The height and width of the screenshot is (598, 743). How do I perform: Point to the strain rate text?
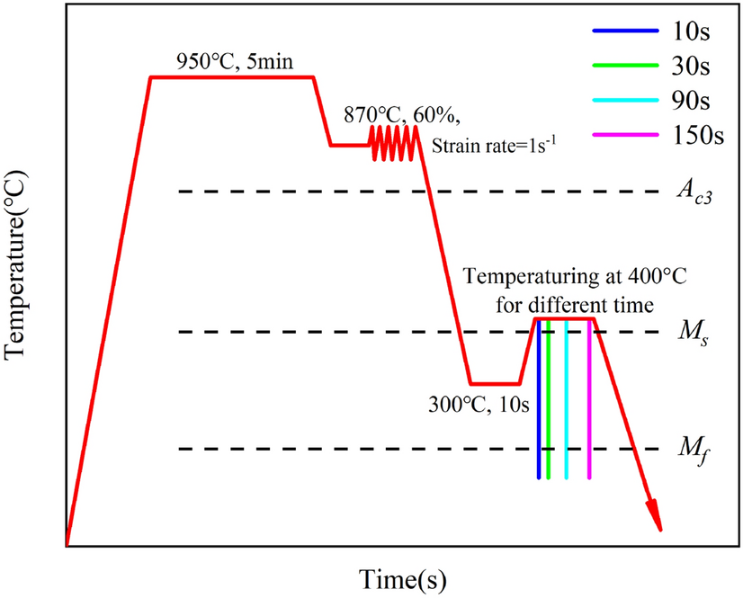click(497, 143)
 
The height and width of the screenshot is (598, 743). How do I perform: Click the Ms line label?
click(694, 333)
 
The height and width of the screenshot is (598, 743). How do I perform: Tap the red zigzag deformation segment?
click(395, 143)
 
